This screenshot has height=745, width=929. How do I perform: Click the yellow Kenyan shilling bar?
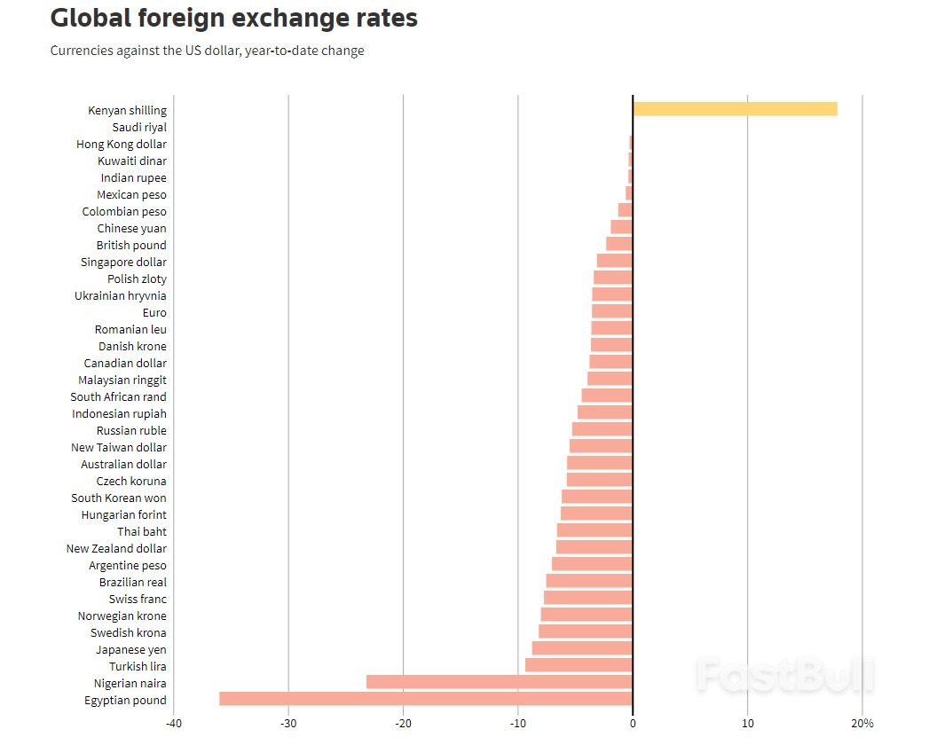[735, 109]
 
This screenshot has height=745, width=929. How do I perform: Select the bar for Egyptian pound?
[426, 699]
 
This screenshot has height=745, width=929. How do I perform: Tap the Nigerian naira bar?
[499, 682]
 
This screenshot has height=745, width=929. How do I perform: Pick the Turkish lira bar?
[579, 665]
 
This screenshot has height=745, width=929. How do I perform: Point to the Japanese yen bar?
[582, 648]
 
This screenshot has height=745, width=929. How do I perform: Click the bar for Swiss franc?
[588, 598]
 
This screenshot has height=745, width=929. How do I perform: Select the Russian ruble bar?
[602, 429]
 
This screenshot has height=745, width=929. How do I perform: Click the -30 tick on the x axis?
[288, 723]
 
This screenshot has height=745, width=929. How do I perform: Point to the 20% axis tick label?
[862, 723]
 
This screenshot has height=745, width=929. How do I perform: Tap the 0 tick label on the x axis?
[633, 723]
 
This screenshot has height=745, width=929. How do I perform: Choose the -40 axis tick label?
[173, 723]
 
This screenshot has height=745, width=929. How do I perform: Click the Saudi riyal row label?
[139, 128]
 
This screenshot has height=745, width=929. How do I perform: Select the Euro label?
[154, 313]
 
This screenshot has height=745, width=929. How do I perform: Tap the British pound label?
[131, 246]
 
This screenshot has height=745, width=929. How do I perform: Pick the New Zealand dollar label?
[116, 549]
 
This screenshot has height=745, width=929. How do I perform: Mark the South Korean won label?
[119, 498]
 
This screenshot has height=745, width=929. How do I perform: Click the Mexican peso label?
[131, 195]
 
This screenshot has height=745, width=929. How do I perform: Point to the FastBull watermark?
[784, 675]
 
